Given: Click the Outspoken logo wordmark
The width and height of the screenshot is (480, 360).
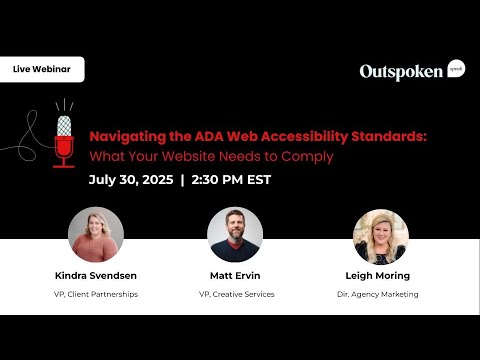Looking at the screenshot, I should pyautogui.click(x=401, y=71).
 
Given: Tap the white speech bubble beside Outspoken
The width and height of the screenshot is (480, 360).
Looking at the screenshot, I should pyautogui.click(x=456, y=68).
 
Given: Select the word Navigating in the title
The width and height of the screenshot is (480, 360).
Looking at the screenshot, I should pyautogui.click(x=124, y=138).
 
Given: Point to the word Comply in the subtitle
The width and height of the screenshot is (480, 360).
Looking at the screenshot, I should pyautogui.click(x=308, y=156).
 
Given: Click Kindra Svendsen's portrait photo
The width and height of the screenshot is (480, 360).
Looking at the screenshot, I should pyautogui.click(x=96, y=235).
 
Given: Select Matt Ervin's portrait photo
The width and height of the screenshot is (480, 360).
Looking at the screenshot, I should pyautogui.click(x=235, y=235).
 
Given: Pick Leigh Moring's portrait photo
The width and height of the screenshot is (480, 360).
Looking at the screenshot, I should pyautogui.click(x=380, y=235).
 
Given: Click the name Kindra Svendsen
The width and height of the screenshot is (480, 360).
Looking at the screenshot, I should pyautogui.click(x=96, y=276).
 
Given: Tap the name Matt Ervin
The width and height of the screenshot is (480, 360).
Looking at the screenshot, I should pyautogui.click(x=235, y=276).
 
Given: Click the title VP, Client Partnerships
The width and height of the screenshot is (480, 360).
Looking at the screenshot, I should pyautogui.click(x=96, y=294).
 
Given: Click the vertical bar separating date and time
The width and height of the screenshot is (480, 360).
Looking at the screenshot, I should pyautogui.click(x=183, y=181).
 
